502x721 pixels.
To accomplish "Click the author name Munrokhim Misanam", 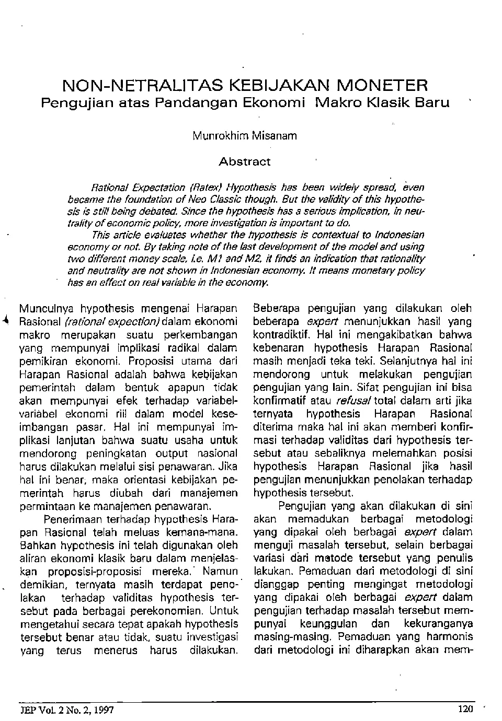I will click(x=245, y=136).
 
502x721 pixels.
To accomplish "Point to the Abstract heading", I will click(x=245, y=162).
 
